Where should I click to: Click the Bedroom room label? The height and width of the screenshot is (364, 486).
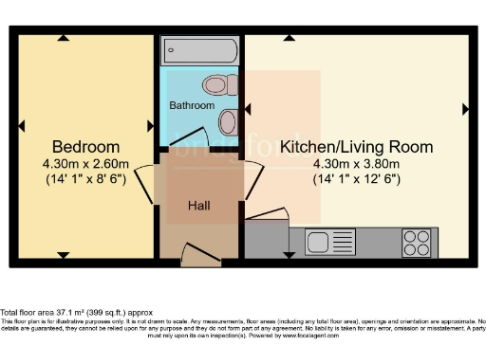(x=85, y=147)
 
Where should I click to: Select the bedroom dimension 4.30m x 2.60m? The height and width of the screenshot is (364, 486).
(x=85, y=163)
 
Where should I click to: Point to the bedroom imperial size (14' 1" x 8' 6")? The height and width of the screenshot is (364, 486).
(x=85, y=178)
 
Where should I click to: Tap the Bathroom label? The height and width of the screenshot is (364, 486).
(x=193, y=105)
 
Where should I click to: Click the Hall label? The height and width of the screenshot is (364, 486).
(x=198, y=205)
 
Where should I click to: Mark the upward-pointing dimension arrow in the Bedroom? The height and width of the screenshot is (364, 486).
(x=63, y=38)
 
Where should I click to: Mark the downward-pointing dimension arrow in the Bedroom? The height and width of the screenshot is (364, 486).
(x=63, y=255)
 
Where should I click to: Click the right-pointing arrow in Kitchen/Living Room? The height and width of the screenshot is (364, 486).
(x=465, y=111)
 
